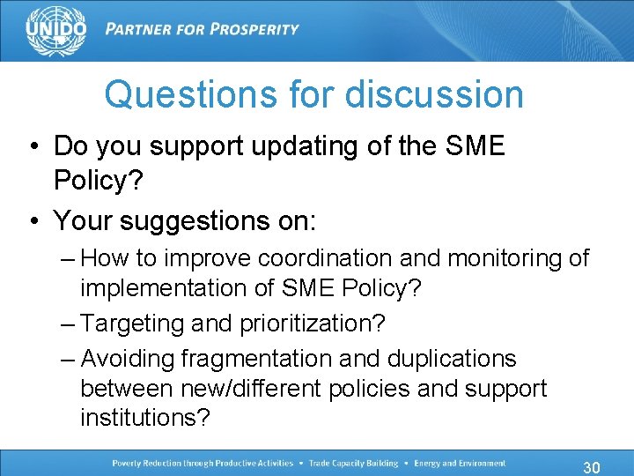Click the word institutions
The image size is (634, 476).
[x=146, y=417]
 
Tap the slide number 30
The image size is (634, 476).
[x=593, y=466]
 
